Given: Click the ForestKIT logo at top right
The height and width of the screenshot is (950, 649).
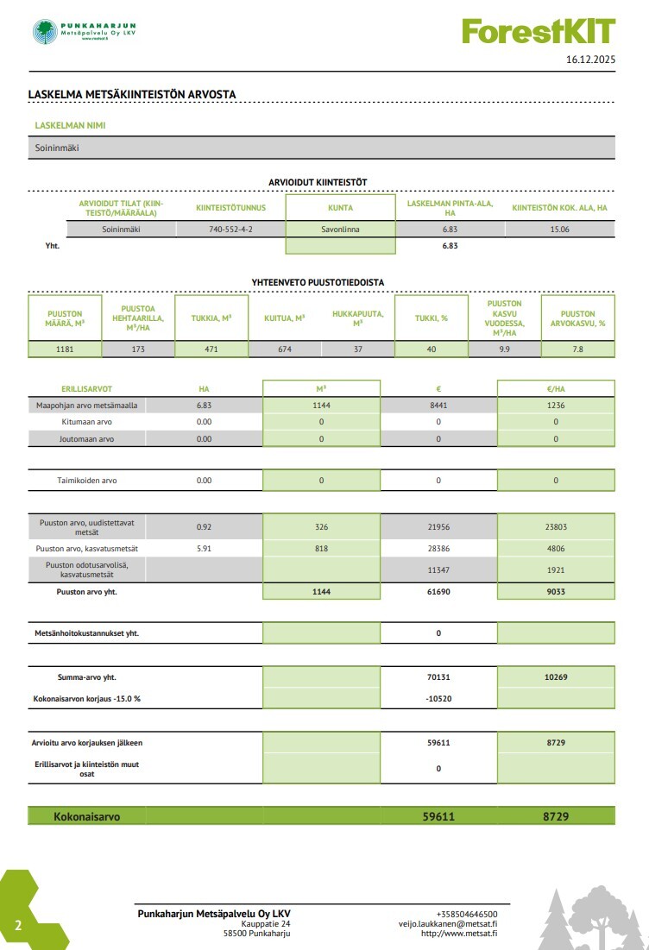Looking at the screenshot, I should click(x=539, y=32).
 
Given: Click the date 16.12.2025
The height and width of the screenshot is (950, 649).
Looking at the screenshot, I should click(x=590, y=60).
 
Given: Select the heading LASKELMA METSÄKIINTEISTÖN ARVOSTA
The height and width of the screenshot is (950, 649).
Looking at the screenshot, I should click(x=132, y=95).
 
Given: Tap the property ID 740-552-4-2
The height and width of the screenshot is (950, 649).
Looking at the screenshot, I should click(x=230, y=230).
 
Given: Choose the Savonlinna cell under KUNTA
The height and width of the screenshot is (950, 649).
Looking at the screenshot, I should click(x=340, y=230).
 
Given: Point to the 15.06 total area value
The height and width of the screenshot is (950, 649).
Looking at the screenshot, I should click(x=559, y=230).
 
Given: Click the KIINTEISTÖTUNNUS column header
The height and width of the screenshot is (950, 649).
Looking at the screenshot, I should click(x=230, y=208).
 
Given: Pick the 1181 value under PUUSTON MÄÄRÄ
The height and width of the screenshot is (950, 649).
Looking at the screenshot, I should click(x=65, y=349).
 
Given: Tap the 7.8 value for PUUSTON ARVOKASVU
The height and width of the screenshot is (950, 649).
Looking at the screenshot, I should click(x=577, y=349).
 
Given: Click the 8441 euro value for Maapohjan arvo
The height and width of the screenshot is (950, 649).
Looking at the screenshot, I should click(x=438, y=406).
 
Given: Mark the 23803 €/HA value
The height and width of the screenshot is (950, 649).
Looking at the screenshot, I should click(x=556, y=526).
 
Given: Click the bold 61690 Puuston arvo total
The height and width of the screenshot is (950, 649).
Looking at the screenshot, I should click(x=438, y=592).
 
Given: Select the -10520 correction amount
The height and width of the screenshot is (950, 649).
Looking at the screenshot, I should click(x=438, y=699).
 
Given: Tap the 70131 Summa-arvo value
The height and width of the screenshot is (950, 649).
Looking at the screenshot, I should click(x=438, y=678).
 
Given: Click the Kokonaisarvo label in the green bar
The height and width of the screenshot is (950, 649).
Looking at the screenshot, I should click(x=87, y=816).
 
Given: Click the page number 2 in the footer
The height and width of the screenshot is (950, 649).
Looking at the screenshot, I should click(x=17, y=926).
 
